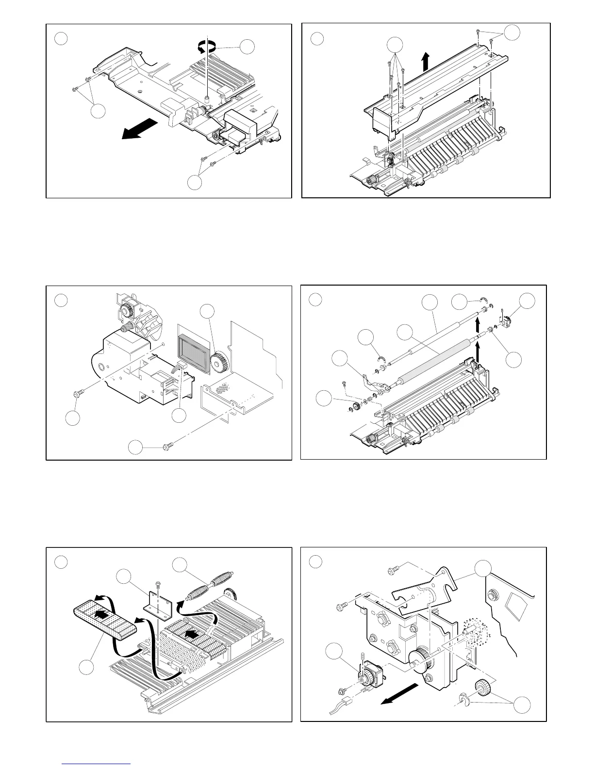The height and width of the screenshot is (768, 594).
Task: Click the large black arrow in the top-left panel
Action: tap(139, 129)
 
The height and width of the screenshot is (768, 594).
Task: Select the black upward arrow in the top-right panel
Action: tap(426, 62)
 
